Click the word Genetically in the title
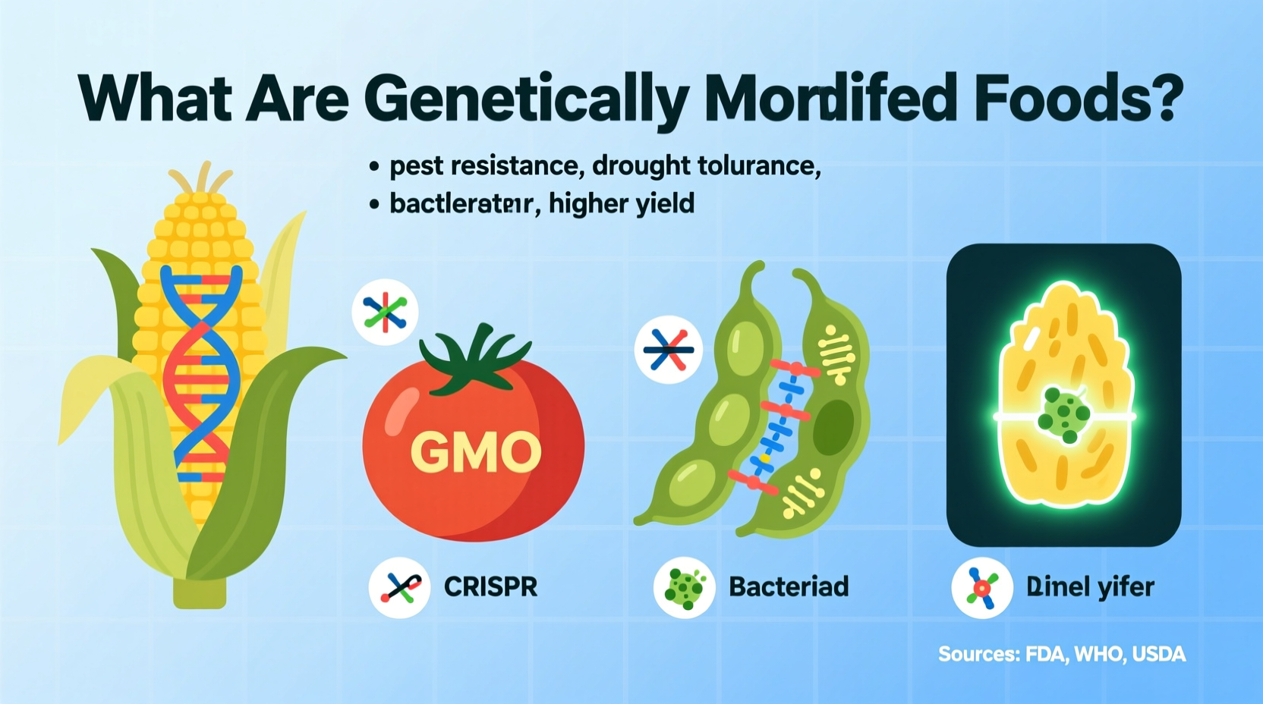[x=525, y=99]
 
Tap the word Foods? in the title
[x=1078, y=98]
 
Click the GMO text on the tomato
[x=476, y=453]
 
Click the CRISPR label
[x=490, y=587]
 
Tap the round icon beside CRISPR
[x=400, y=587]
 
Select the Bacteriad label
[x=789, y=587]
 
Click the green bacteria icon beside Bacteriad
[x=684, y=587]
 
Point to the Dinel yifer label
[x=1090, y=587]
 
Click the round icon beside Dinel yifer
[x=981, y=588]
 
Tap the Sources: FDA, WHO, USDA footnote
[x=1061, y=654]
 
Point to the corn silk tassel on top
[x=201, y=179]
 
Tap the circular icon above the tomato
[x=385, y=312]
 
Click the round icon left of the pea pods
[x=668, y=350]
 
